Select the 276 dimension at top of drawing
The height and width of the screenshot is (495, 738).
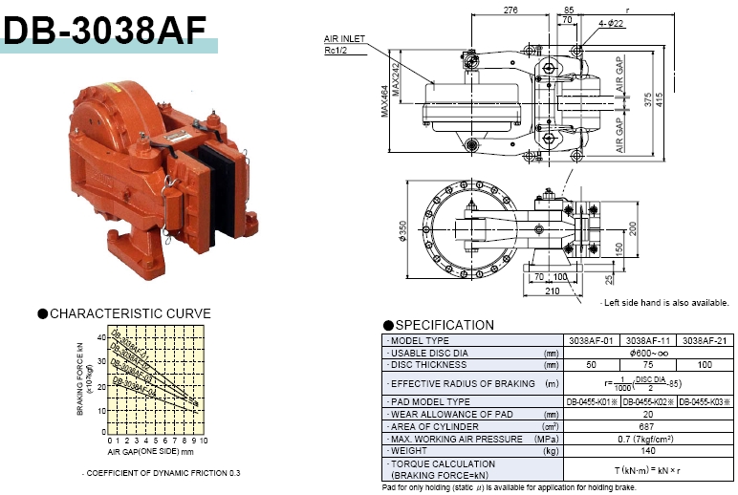510,10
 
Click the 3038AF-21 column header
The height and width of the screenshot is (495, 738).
704,340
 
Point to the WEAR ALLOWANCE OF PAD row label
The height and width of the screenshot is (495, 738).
447,414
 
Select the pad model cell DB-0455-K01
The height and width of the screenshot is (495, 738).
593,401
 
